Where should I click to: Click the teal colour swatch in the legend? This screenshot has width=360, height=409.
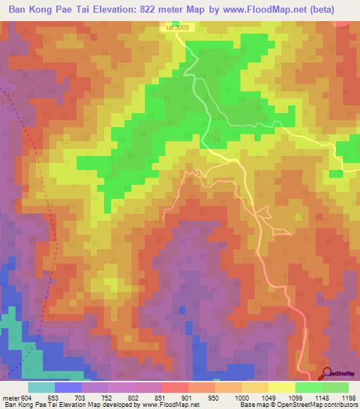[41, 387]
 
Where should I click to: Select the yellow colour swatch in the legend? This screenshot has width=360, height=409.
[282, 387]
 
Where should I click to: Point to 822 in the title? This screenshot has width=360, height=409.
[167, 9]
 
